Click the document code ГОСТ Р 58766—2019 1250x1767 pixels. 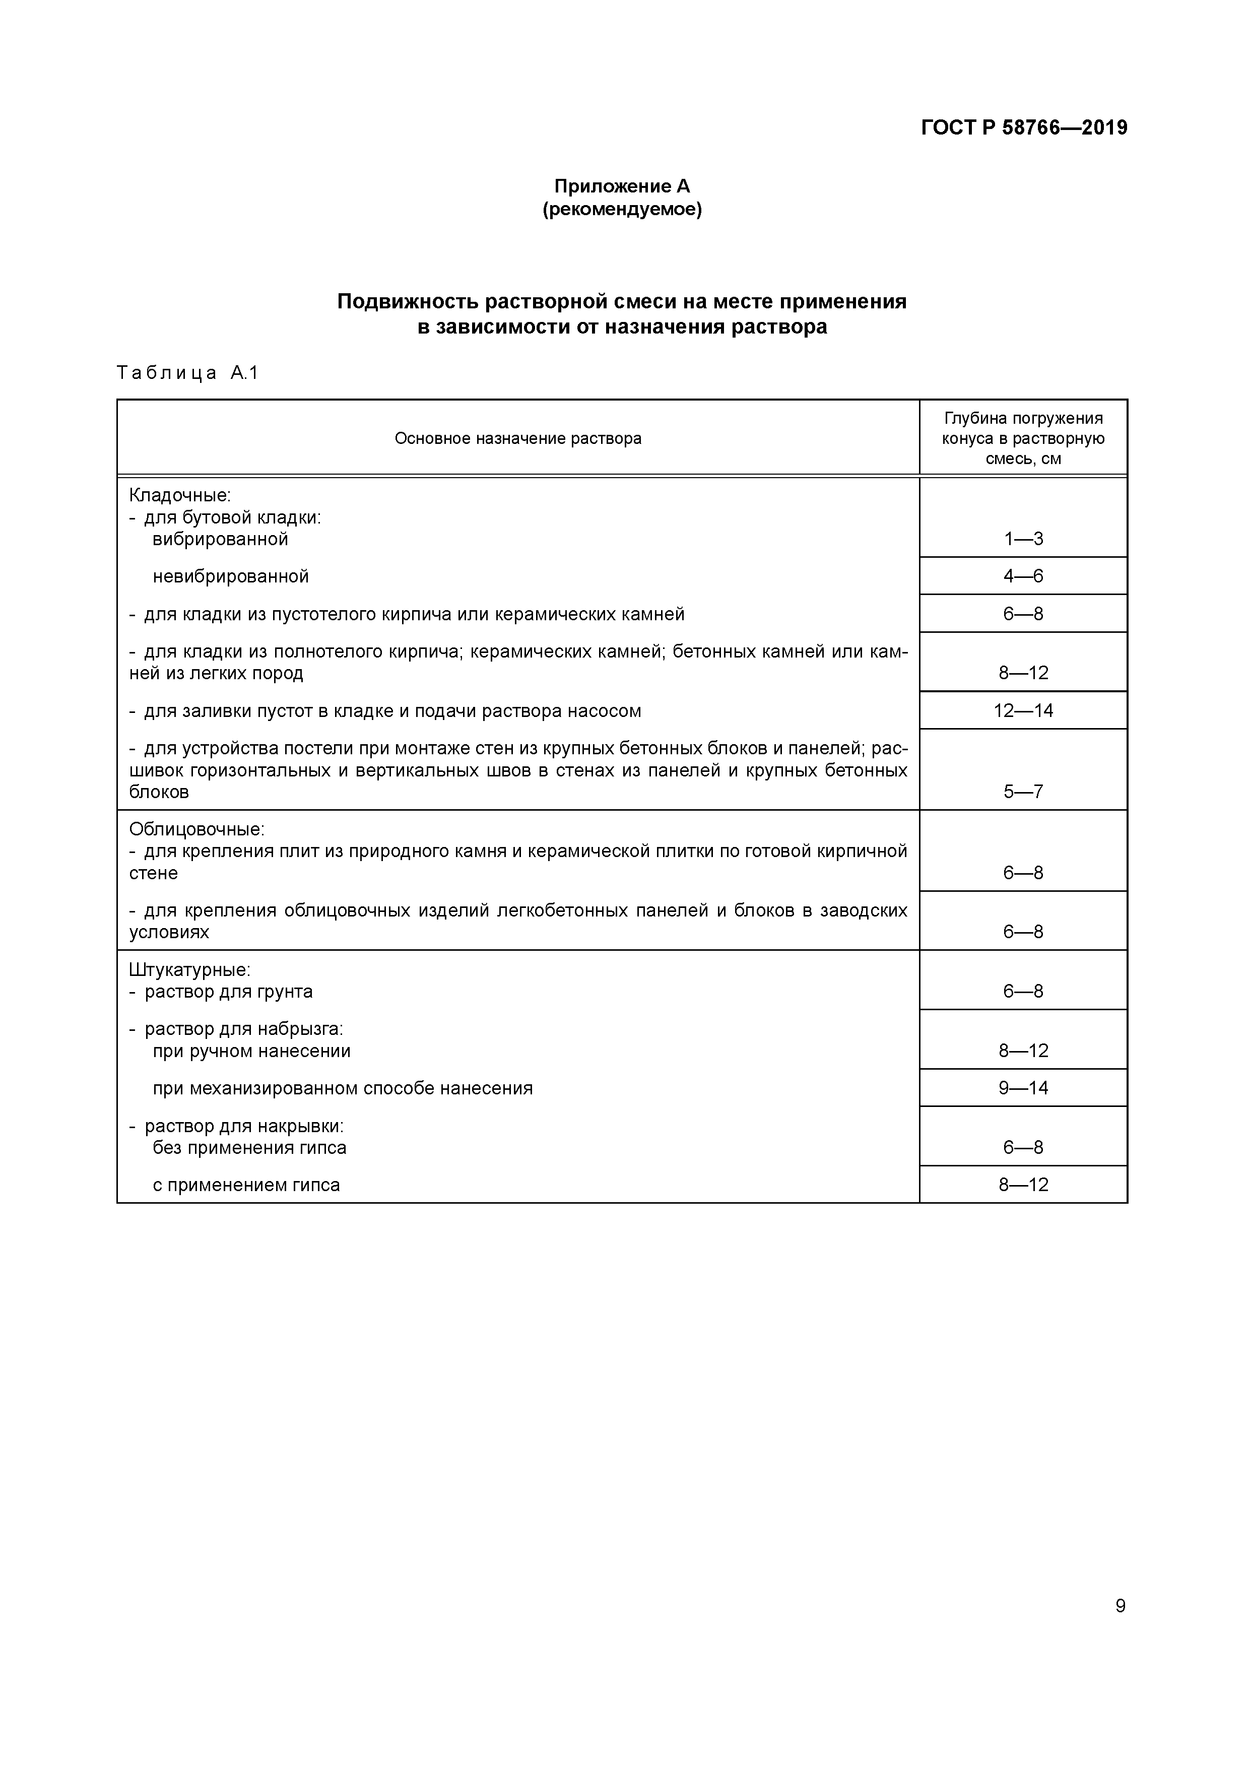1024,128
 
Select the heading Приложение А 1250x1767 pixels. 622,186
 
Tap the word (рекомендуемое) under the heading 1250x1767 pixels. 622,209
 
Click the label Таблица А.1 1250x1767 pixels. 187,373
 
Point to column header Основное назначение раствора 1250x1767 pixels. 518,439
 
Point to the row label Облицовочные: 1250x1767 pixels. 196,830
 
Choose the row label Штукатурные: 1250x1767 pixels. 189,970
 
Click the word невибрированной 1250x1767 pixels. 230,576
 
